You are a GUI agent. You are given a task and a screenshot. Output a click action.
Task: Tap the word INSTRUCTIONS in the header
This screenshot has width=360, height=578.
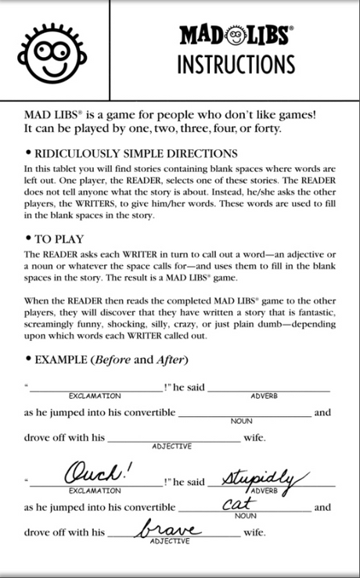(x=236, y=63)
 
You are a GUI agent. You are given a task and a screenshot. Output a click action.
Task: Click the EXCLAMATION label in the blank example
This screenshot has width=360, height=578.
(x=95, y=396)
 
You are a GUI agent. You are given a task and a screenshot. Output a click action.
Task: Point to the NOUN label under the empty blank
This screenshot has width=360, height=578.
(x=242, y=421)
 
